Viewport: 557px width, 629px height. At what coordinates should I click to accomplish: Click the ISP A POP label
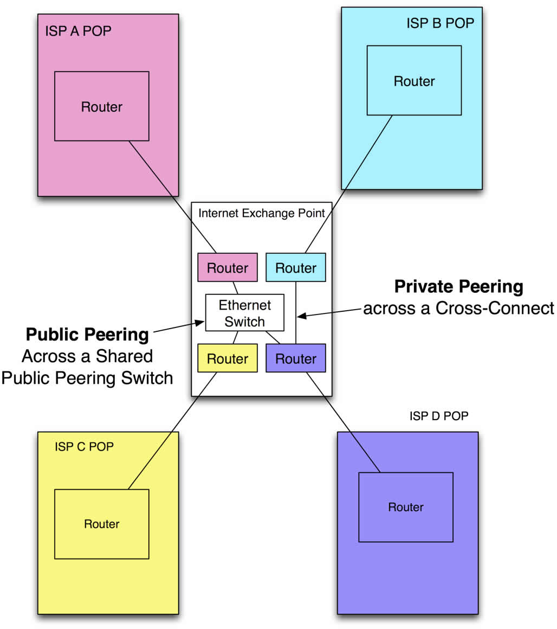point(78,30)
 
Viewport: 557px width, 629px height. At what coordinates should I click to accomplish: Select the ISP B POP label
point(439,23)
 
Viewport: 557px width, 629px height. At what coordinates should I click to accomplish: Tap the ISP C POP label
point(84,447)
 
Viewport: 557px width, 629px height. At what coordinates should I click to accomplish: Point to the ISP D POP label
point(439,416)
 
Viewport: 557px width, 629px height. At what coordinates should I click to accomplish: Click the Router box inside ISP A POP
point(102,106)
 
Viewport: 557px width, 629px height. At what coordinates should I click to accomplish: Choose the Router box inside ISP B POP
point(414,81)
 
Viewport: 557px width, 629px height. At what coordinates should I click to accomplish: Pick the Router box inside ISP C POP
point(102,524)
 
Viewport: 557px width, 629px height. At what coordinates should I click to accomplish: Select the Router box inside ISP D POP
point(406,507)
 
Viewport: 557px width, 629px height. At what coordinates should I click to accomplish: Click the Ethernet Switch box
point(245,312)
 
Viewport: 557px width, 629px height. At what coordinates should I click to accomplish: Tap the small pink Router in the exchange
point(228,267)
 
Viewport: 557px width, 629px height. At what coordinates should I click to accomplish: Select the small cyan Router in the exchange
point(296,267)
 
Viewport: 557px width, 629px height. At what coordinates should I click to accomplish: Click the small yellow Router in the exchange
point(228,358)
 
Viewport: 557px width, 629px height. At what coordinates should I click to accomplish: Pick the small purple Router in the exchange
point(296,358)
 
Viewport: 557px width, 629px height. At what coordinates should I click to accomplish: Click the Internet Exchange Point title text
point(262,213)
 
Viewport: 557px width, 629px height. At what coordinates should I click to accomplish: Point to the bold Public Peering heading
point(87,335)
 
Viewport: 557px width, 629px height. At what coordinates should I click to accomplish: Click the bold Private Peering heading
point(458,286)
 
